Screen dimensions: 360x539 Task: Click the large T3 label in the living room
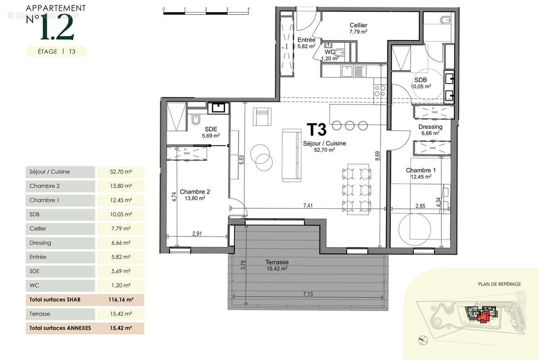coord(316,129)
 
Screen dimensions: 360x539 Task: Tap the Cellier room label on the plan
coord(358,26)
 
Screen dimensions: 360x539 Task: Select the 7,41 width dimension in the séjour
coord(308,206)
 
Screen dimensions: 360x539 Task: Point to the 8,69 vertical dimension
coord(377,155)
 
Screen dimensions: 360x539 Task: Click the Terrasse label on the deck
coord(277,262)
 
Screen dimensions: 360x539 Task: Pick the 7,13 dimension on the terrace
coord(308,294)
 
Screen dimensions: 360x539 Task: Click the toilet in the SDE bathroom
coord(196,120)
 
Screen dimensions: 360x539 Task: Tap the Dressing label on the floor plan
coord(430,127)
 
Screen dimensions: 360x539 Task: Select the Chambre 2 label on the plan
coord(195,191)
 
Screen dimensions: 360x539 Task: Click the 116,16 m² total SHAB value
coord(120,300)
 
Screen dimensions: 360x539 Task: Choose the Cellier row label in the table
coord(38,229)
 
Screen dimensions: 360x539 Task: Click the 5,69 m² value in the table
coord(120,271)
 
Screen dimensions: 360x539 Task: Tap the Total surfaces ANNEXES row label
coord(60,328)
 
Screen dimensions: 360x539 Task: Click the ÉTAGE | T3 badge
coord(56,52)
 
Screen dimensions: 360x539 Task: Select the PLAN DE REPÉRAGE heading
coord(499,284)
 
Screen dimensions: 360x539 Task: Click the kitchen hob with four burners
coord(380,90)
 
